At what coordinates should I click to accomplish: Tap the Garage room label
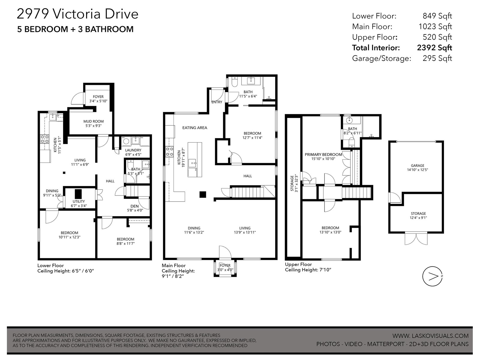click(418, 166)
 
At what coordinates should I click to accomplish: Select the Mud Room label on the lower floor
click(93, 121)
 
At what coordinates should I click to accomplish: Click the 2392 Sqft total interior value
click(434, 48)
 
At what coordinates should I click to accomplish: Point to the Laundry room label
click(133, 150)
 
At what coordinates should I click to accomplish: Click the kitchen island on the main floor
click(195, 160)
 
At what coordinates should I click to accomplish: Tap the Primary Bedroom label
click(323, 154)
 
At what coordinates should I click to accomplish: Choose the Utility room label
click(79, 201)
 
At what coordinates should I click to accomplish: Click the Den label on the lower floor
click(134, 206)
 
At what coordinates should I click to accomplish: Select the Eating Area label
click(195, 128)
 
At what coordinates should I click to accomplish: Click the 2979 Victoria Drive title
click(78, 14)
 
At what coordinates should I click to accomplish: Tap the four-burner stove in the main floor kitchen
click(169, 151)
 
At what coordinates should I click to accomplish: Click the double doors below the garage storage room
click(416, 239)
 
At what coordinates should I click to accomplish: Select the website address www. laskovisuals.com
click(430, 336)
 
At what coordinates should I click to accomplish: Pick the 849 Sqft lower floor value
click(437, 16)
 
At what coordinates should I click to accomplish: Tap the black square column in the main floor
click(203, 194)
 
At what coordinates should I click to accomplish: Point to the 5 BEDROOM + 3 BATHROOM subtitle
click(75, 29)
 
